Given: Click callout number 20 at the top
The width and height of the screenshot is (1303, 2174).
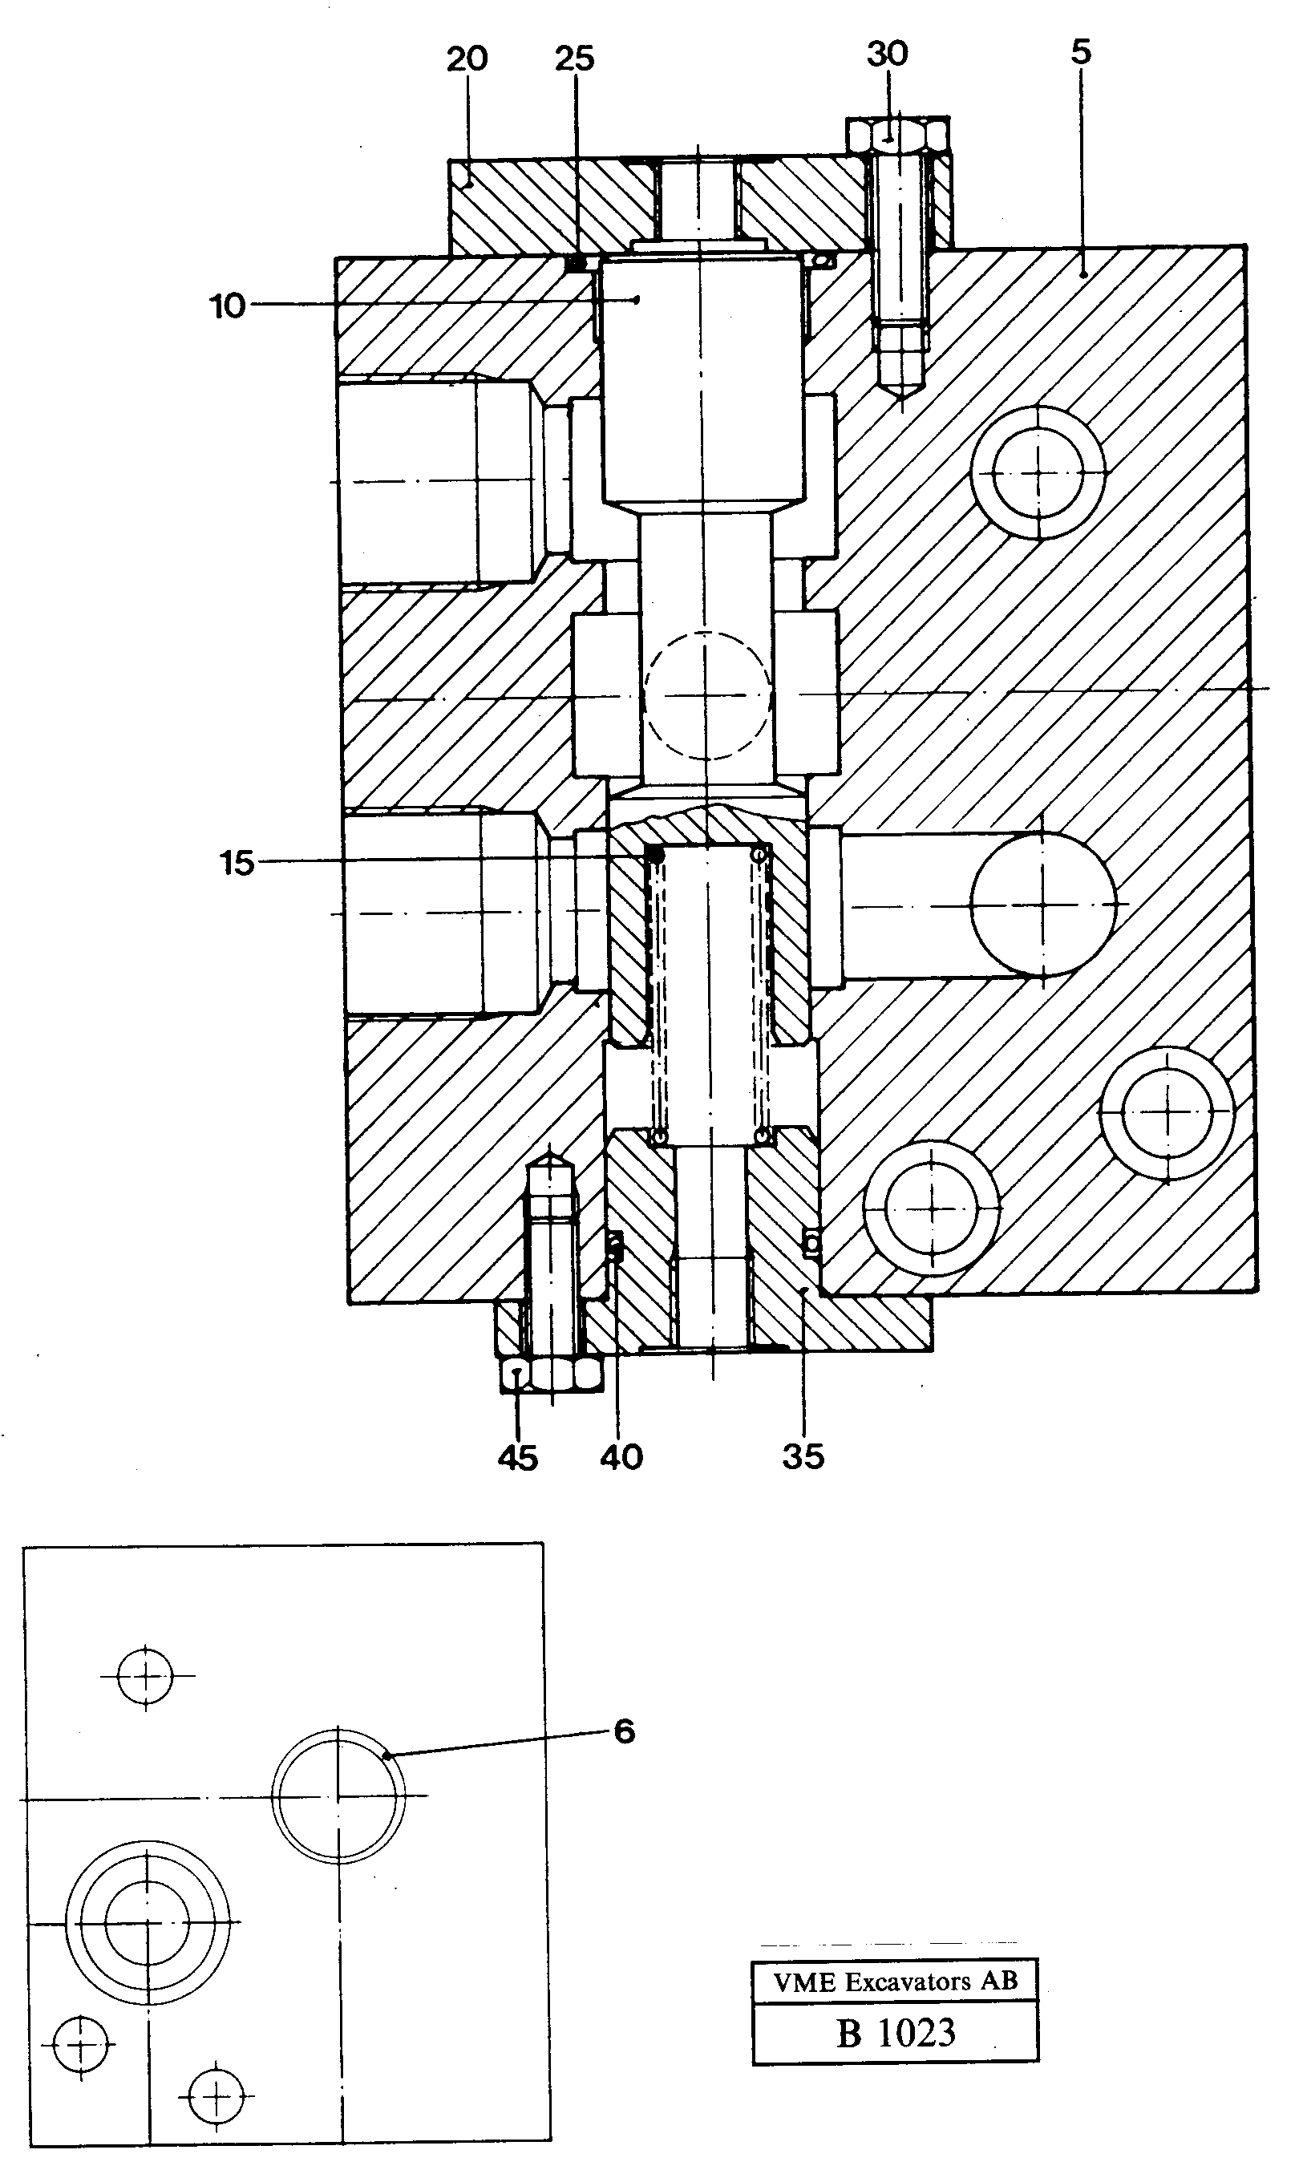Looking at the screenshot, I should pyautogui.click(x=466, y=59).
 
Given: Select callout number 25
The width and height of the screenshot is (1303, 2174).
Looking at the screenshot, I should pyautogui.click(x=575, y=59).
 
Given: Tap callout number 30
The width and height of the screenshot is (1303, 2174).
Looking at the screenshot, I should pyautogui.click(x=887, y=54).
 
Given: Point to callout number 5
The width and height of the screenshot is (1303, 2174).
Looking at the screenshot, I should pyautogui.click(x=1081, y=52).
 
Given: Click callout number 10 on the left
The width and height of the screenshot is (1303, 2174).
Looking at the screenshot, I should pyautogui.click(x=228, y=306).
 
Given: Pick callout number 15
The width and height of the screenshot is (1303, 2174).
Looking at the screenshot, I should pyautogui.click(x=237, y=863).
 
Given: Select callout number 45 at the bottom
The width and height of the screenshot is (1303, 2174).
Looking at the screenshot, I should pyautogui.click(x=517, y=1458).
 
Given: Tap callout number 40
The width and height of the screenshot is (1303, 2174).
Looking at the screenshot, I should pyautogui.click(x=621, y=1458).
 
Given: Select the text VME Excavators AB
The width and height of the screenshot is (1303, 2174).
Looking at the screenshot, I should pyautogui.click(x=895, y=1982).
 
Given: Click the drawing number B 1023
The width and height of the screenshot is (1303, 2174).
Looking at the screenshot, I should pyautogui.click(x=895, y=2032).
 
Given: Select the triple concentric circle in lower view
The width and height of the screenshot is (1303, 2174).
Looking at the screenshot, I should pyautogui.click(x=148, y=1922).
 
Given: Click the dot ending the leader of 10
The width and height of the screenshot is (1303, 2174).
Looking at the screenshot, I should pyautogui.click(x=637, y=300).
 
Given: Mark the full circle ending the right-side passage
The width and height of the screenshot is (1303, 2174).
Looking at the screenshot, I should pyautogui.click(x=1043, y=904).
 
